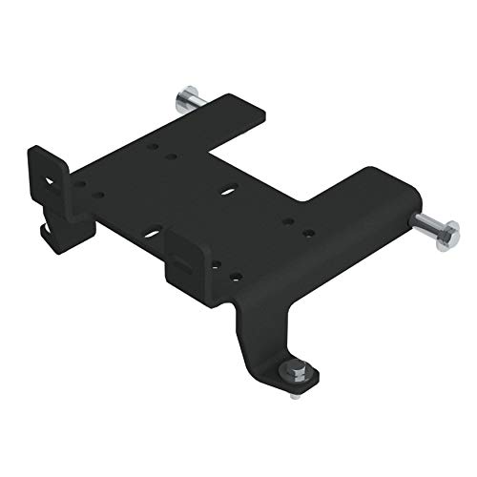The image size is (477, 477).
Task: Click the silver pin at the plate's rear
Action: [183, 99]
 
